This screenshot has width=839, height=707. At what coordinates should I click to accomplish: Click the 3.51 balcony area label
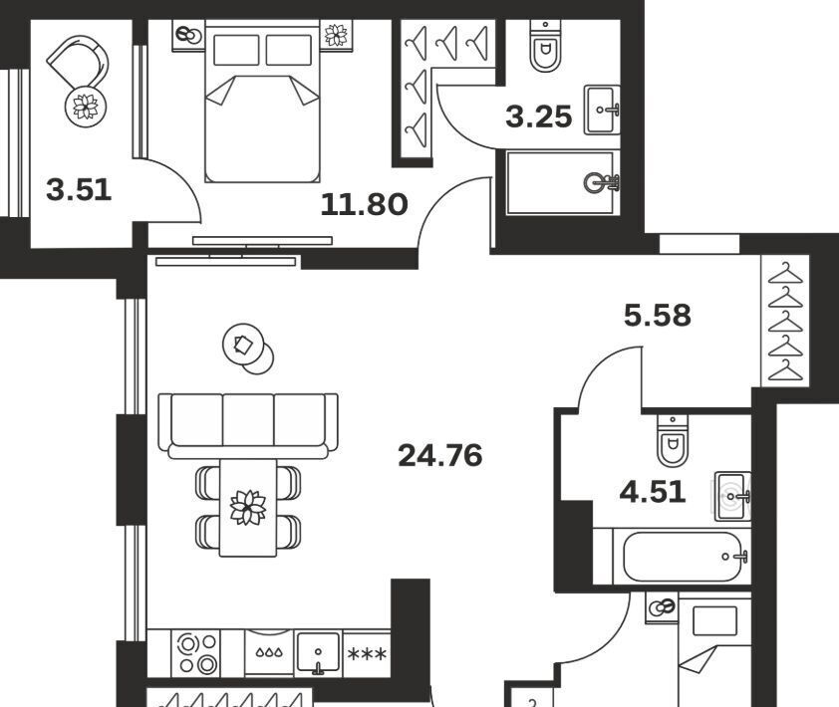tap(79, 190)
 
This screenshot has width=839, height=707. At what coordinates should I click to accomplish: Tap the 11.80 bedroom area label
tap(364, 205)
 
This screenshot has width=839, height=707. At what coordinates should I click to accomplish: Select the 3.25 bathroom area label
tap(539, 118)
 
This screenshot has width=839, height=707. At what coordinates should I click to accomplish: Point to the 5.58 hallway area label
tap(658, 316)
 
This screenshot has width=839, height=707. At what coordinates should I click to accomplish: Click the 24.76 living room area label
tap(440, 456)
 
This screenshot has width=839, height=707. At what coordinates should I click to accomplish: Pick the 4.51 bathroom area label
tap(653, 492)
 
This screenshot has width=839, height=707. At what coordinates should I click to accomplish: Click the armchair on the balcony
tap(79, 63)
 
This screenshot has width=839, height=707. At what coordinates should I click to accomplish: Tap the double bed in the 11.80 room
tap(262, 102)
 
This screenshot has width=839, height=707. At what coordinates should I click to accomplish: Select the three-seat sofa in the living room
tap(248, 426)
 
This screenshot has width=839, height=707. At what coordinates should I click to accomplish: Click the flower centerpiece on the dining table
tap(248, 507)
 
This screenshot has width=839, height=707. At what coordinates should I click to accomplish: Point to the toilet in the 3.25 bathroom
tap(545, 47)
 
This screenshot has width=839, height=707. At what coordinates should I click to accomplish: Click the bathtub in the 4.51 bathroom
tap(684, 557)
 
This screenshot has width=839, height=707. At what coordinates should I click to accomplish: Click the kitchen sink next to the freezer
tap(319, 653)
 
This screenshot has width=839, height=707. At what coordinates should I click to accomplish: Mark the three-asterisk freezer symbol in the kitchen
tap(367, 654)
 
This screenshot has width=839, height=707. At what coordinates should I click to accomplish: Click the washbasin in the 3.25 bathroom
tap(602, 110)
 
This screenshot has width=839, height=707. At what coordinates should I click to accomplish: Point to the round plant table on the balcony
tap(86, 106)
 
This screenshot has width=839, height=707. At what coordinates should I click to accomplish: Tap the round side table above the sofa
tap(248, 349)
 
